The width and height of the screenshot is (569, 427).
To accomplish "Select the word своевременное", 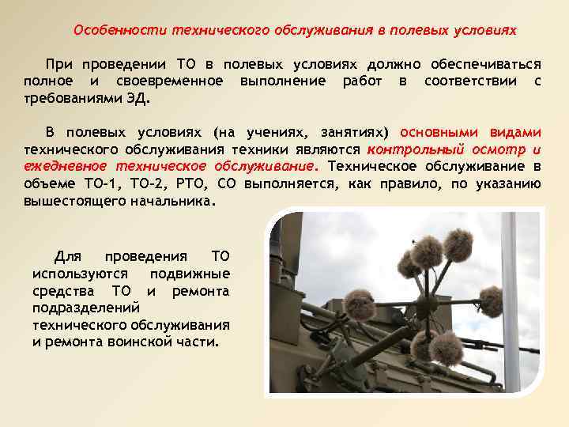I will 166,81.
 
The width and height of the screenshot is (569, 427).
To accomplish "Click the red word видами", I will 514,132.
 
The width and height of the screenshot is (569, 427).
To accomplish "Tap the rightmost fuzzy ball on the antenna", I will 491,300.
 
